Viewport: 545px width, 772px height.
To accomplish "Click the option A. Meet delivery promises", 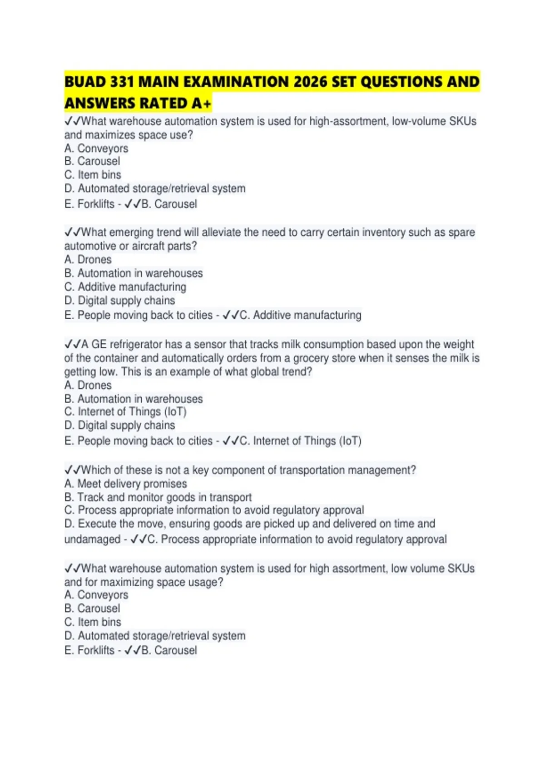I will (126, 484).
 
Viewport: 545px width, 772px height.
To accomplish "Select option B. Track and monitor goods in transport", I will (158, 498).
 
